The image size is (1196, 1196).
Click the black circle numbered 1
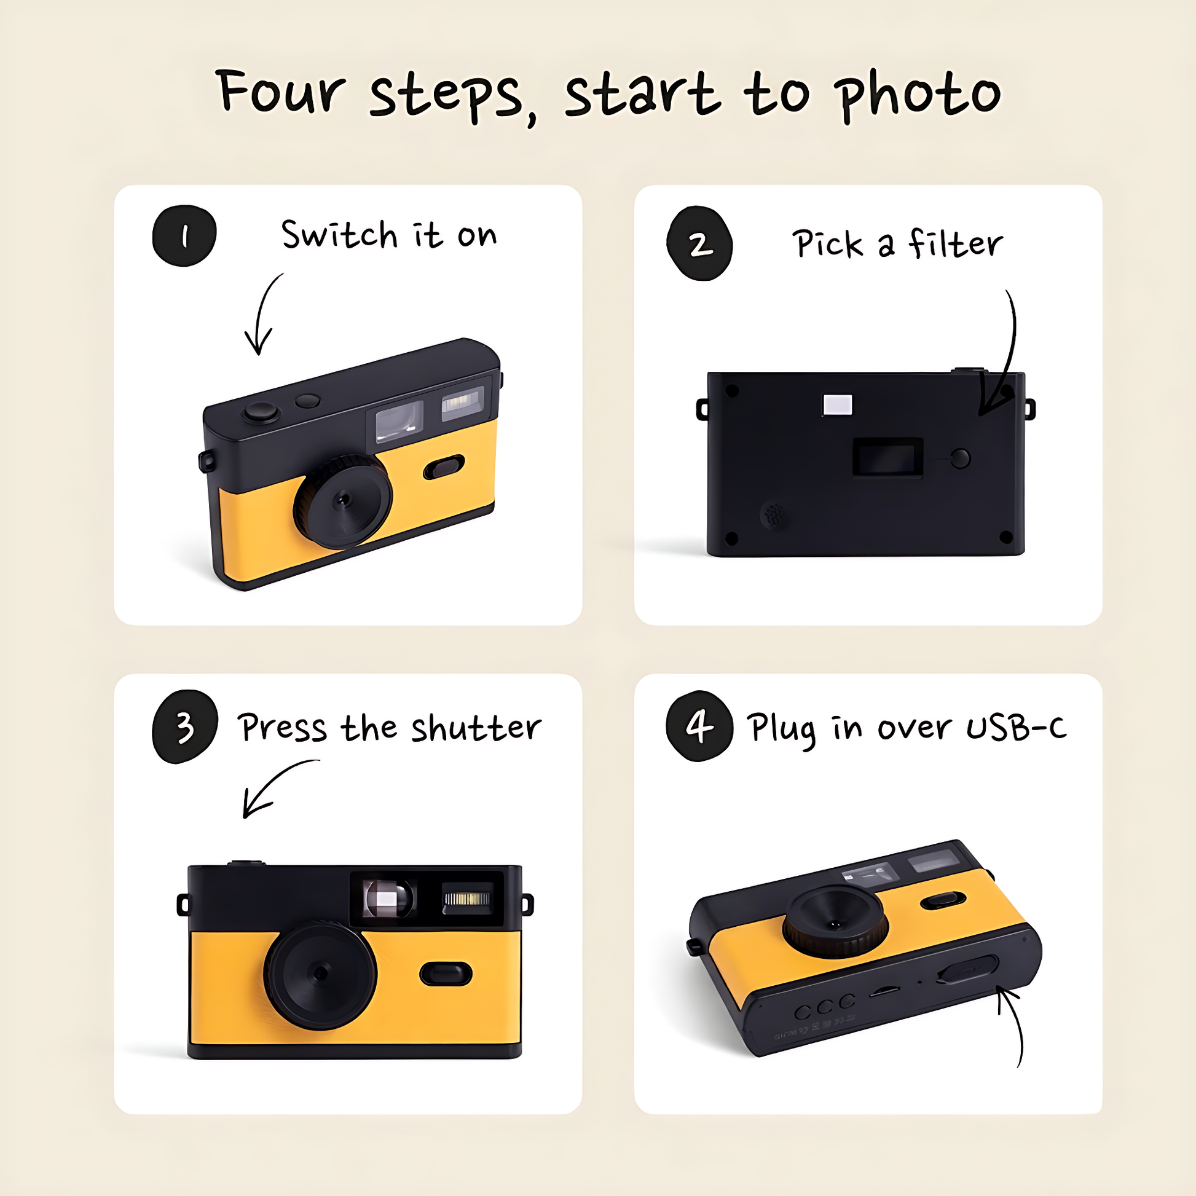(184, 236)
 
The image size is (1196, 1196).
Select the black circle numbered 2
(699, 243)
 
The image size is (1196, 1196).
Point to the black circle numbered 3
(184, 727)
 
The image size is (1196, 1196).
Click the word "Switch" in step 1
(339, 235)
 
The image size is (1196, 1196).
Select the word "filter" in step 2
(956, 243)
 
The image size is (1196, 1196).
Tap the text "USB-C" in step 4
(1017, 727)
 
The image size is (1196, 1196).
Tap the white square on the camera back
(838, 405)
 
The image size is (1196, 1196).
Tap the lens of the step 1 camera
(343, 501)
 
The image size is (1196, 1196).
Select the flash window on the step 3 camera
(468, 899)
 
